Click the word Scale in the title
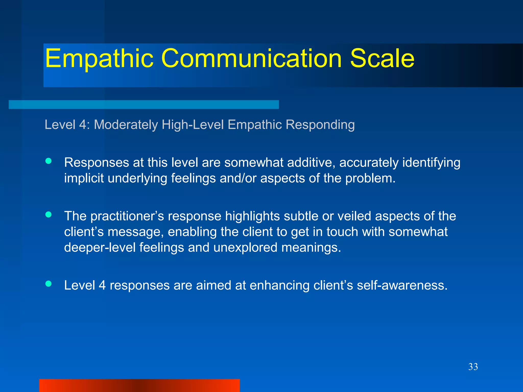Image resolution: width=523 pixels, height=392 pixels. click(x=382, y=59)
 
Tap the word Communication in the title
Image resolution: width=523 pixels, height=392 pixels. click(x=252, y=59)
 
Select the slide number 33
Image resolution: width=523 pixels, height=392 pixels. click(x=473, y=367)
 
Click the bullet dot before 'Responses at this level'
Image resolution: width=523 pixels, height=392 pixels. click(x=49, y=161)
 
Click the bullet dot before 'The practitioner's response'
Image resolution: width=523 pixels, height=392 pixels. click(x=49, y=214)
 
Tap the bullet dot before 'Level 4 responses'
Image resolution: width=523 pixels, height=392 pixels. click(x=49, y=284)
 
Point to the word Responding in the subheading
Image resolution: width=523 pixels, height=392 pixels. click(x=320, y=125)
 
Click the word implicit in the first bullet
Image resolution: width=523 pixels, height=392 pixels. click(x=84, y=178)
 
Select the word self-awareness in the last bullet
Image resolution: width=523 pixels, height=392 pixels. click(x=402, y=285)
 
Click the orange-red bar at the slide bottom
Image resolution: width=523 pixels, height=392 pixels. click(x=139, y=385)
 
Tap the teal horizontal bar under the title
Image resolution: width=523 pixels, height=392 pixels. click(x=144, y=105)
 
